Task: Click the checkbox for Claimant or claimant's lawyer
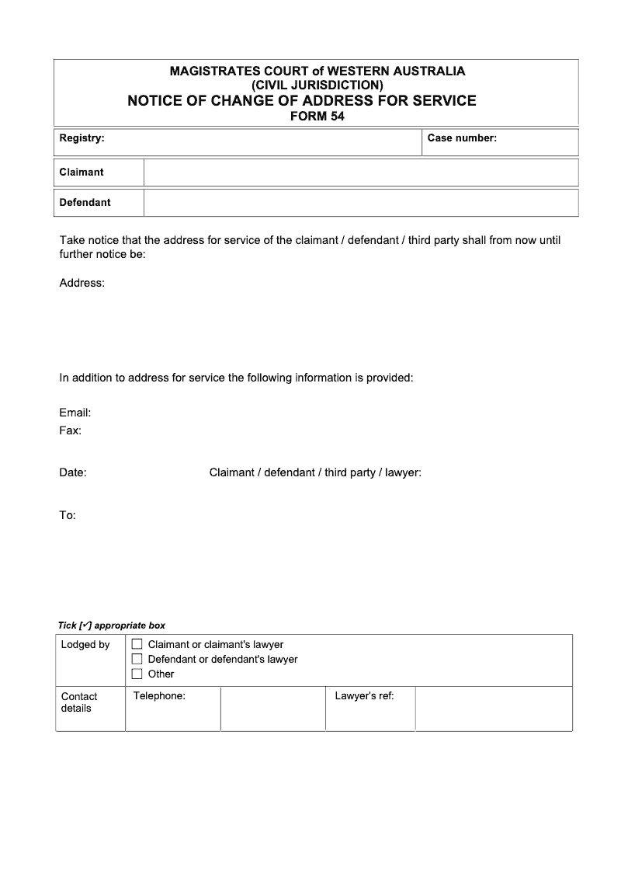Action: point(137,644)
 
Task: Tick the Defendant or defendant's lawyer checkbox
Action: point(137,659)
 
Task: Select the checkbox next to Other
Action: point(137,674)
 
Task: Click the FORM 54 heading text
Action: point(317,117)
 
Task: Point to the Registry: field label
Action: point(82,138)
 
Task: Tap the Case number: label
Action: point(462,138)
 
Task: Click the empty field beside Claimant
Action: point(361,172)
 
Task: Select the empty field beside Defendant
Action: point(361,203)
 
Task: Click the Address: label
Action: point(82,283)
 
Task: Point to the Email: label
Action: point(75,413)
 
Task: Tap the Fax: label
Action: point(71,430)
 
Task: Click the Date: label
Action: point(73,472)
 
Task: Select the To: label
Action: point(68,515)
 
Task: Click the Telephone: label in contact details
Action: point(159,696)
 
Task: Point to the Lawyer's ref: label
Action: point(364,696)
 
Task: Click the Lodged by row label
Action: point(85,645)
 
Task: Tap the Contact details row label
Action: point(79,702)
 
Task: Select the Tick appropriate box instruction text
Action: point(112,625)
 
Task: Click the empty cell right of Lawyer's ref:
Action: point(494,708)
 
